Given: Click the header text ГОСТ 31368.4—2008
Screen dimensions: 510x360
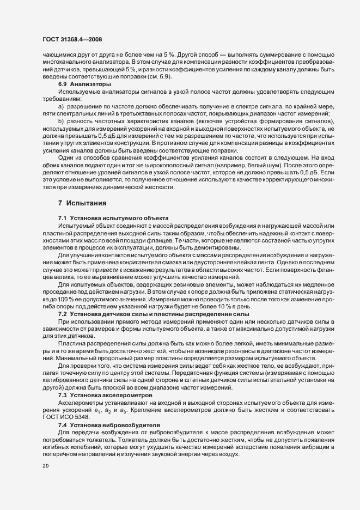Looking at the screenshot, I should (x=72, y=40).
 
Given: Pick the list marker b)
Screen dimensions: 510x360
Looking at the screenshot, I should (x=61, y=120).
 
